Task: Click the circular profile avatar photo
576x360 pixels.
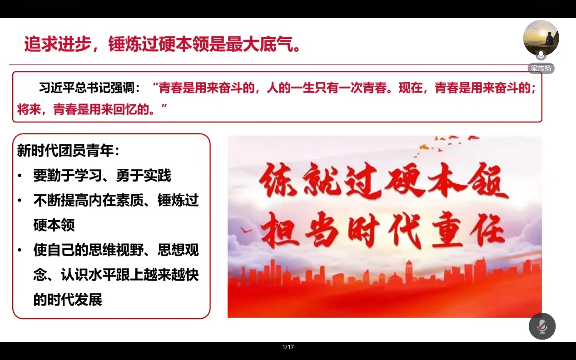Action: pos(541,38)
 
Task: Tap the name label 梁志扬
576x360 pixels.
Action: pos(541,69)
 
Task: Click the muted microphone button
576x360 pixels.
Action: pos(542,326)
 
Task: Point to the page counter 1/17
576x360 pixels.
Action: pos(288,347)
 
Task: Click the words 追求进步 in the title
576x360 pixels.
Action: pos(58,44)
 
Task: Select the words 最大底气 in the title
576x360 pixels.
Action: pos(260,44)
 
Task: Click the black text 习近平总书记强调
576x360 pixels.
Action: pos(87,88)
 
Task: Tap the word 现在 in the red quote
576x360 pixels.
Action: pos(410,88)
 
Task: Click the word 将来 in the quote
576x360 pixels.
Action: pos(29,109)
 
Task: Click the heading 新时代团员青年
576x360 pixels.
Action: pos(65,151)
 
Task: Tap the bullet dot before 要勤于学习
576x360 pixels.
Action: pos(20,176)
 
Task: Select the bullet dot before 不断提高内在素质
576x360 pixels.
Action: pos(20,200)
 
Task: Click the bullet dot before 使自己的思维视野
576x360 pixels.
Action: pos(20,250)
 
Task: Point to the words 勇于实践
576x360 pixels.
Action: pos(144,176)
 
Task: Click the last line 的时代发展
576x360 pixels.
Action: pos(68,300)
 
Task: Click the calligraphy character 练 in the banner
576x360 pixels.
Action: pos(278,180)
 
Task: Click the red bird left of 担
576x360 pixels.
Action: pos(246,230)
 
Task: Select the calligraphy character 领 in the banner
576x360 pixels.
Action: pos(487,182)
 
